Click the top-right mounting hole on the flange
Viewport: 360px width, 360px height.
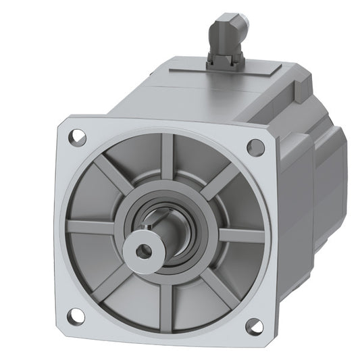click(255, 147)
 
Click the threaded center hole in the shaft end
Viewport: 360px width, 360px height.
click(143, 251)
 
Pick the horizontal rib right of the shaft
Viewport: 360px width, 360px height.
click(240, 234)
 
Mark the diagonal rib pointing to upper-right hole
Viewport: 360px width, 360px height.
click(223, 179)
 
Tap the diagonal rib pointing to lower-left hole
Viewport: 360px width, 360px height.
click(108, 284)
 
